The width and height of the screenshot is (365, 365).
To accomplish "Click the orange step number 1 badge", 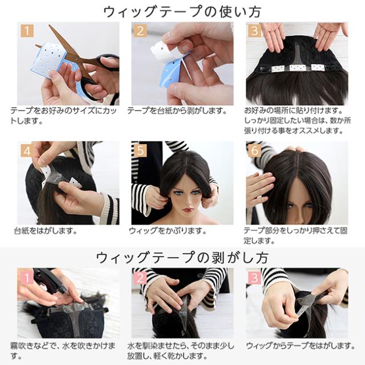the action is (x=27, y=30).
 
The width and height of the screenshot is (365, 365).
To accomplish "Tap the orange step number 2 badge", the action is (x=140, y=30).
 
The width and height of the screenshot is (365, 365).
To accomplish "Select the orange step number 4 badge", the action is (x=27, y=151).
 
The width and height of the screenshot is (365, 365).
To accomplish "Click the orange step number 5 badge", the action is (x=140, y=151).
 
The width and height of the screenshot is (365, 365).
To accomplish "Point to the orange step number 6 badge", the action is (x=254, y=151).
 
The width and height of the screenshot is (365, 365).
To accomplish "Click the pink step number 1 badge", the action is (x=27, y=278).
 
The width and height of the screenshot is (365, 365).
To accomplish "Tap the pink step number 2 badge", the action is (x=140, y=278).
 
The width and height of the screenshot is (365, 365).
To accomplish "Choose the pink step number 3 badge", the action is (x=254, y=278).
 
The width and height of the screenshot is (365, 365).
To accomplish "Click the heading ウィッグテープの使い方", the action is (x=182, y=11).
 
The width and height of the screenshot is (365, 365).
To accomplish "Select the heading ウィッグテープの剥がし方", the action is (x=182, y=257).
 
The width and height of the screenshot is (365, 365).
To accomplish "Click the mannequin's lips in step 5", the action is (x=189, y=210).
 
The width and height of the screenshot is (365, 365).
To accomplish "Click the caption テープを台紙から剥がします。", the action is (x=177, y=111).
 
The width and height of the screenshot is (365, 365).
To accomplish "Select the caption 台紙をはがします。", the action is (x=46, y=230).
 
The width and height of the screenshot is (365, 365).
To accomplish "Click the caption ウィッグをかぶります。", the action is (x=168, y=230).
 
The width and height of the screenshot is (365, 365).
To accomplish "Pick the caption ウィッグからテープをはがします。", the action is (x=301, y=346).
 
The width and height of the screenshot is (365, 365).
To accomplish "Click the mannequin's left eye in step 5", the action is (x=196, y=193).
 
